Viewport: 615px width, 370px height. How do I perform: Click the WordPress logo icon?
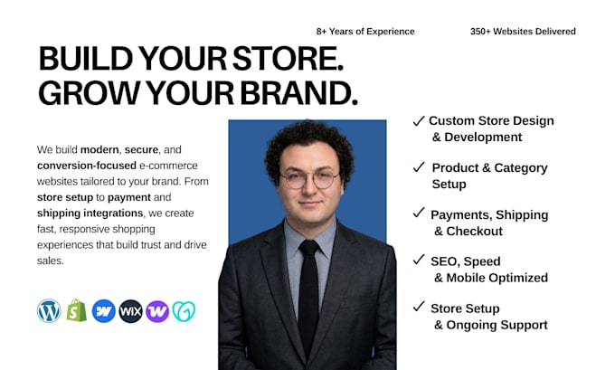(49, 311)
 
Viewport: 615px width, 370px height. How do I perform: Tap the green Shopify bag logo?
(77, 310)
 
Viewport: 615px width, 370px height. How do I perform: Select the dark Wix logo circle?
(130, 311)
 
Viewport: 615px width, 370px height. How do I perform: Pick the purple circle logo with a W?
(157, 311)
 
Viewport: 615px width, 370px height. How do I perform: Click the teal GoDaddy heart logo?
(184, 311)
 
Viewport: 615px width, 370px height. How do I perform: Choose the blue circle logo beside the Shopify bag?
(103, 311)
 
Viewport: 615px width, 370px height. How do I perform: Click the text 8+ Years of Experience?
(365, 32)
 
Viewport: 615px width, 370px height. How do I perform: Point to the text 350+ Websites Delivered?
(523, 32)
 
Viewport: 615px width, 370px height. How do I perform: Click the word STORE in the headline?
(288, 59)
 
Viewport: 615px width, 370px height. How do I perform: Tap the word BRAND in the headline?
(298, 93)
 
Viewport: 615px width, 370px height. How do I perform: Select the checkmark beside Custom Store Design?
(419, 121)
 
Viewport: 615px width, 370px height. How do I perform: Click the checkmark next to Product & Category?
(419, 167)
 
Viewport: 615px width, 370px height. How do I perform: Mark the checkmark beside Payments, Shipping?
(419, 213)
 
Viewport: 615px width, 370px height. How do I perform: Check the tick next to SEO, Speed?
(419, 260)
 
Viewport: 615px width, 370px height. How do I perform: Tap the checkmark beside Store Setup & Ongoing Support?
(419, 306)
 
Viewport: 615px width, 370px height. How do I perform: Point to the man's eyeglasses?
(309, 180)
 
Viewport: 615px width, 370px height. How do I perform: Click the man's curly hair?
(309, 145)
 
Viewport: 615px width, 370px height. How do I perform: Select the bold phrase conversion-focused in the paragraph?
(87, 166)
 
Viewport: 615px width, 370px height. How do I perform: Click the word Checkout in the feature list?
(474, 231)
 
